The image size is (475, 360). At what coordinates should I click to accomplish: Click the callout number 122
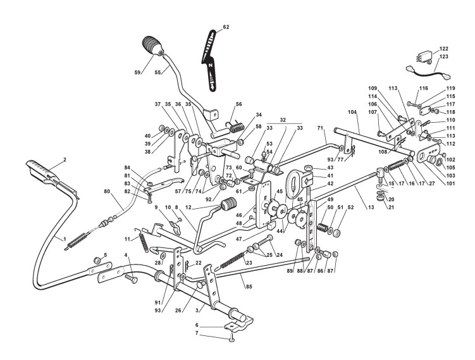point(444,49)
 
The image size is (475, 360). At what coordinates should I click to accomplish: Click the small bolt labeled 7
point(232,340)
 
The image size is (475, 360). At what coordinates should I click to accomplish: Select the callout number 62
point(226,27)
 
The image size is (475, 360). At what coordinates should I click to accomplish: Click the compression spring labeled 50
point(324,226)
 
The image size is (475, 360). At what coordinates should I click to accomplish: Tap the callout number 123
point(444,57)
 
